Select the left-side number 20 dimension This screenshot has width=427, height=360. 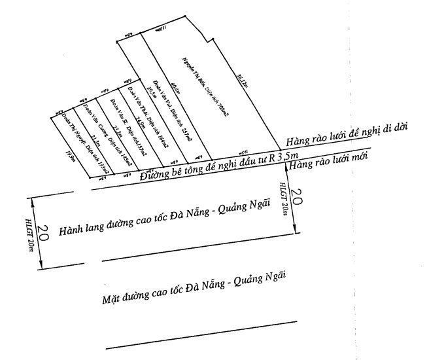click(44, 235)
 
